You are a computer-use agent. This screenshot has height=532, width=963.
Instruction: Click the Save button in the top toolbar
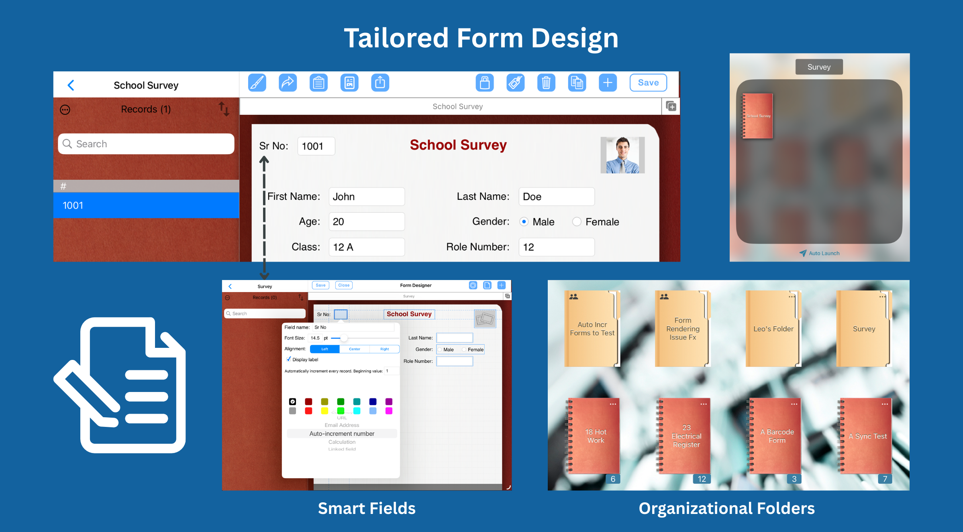click(x=648, y=83)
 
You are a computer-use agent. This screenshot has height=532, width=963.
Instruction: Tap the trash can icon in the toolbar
click(x=546, y=83)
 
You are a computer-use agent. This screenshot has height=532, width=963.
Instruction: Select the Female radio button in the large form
click(x=577, y=221)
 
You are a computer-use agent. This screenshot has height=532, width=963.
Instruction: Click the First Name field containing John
click(x=366, y=197)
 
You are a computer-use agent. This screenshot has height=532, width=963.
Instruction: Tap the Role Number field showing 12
click(x=556, y=247)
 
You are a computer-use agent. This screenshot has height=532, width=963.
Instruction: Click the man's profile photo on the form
click(x=622, y=155)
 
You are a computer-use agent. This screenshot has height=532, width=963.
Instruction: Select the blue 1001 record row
click(x=146, y=205)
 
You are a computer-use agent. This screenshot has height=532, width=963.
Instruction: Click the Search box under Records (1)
click(x=146, y=144)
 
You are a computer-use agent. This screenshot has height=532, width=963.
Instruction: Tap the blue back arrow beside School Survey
click(x=71, y=85)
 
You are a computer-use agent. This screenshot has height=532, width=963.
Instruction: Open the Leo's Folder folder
click(x=773, y=329)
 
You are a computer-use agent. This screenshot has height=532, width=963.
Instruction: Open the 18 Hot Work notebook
click(x=595, y=436)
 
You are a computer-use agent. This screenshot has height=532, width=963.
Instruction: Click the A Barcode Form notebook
click(x=777, y=436)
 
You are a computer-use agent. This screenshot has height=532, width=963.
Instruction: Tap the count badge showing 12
click(x=702, y=479)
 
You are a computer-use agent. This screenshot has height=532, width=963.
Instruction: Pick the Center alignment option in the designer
click(x=354, y=349)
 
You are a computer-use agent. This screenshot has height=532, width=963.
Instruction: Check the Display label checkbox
click(x=289, y=359)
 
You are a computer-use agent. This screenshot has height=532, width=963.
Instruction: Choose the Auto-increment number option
click(x=342, y=434)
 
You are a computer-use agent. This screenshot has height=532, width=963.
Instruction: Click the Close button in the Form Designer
click(x=344, y=285)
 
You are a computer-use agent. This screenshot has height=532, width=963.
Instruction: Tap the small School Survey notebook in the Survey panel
click(x=757, y=116)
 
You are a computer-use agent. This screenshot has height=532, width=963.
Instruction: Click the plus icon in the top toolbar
click(x=608, y=83)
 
